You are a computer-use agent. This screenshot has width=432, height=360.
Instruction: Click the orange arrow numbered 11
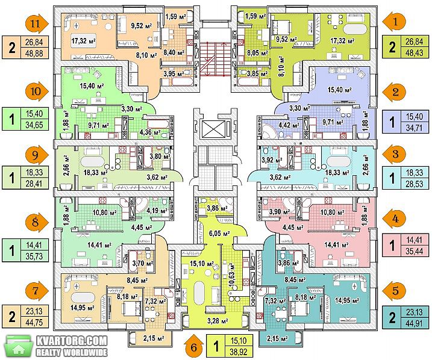click(37, 23)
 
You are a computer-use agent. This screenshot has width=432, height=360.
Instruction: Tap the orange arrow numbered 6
click(194, 346)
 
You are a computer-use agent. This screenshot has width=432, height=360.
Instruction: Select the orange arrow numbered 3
click(395, 154)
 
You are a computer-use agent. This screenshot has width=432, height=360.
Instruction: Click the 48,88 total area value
click(34, 53)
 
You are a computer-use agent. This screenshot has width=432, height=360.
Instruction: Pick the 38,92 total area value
click(239, 352)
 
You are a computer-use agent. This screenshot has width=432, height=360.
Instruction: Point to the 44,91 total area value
click(415, 322)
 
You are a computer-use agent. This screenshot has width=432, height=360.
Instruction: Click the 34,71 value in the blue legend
click(415, 128)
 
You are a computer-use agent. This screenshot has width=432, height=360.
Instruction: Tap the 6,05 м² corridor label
click(219, 234)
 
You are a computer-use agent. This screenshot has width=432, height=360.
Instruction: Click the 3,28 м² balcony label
click(218, 321)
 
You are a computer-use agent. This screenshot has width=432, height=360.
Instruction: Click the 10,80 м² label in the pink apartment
click(332, 213)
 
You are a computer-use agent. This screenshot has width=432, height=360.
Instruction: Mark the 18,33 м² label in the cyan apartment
click(337, 173)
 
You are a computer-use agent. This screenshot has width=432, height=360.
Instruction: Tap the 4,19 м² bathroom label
click(157, 211)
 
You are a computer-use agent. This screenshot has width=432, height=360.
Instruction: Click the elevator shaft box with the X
click(214, 128)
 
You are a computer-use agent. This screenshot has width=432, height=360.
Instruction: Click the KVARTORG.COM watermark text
click(72, 341)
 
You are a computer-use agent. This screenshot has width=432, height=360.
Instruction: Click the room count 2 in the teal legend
click(392, 317)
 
